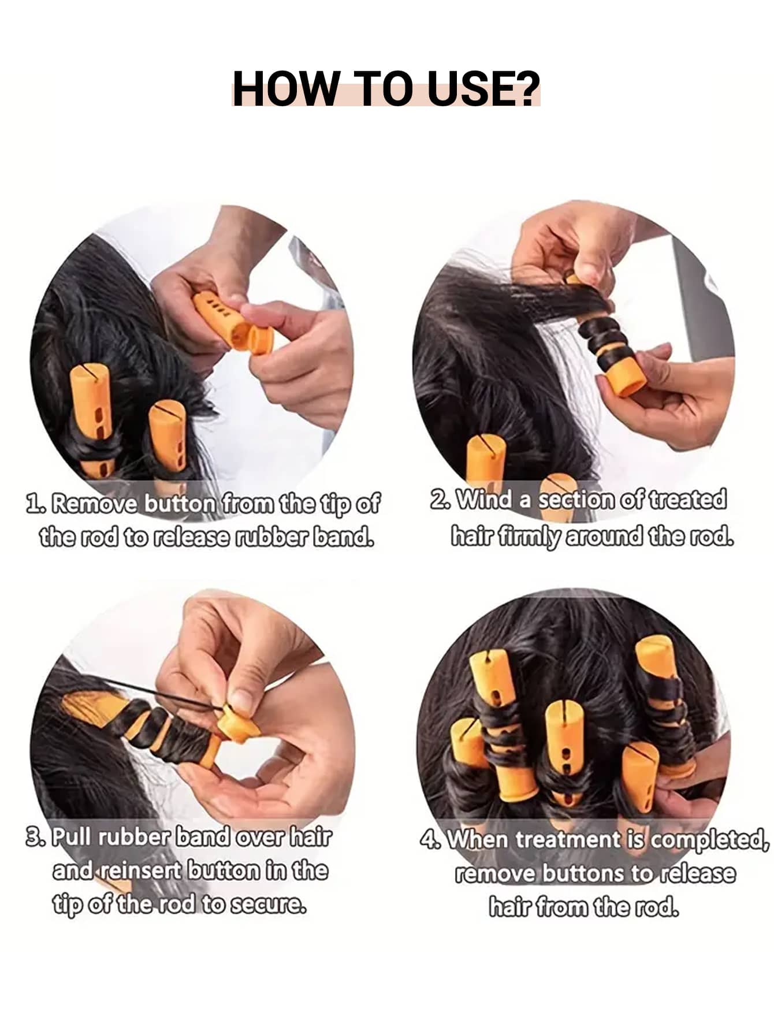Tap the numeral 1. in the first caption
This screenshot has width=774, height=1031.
tap(36, 503)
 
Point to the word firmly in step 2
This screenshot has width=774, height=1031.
tap(529, 537)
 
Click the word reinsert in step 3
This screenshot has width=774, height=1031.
tap(142, 870)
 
